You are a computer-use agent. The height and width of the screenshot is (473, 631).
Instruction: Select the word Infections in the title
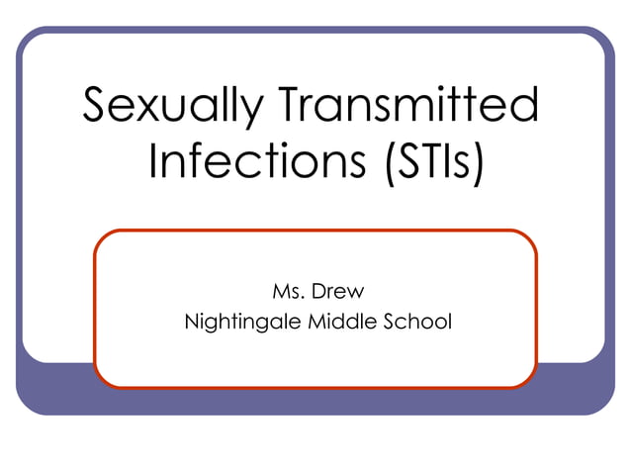click(256, 161)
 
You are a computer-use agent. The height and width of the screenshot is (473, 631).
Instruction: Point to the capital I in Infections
click(153, 160)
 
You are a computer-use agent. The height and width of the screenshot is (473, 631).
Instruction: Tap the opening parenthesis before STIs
click(386, 163)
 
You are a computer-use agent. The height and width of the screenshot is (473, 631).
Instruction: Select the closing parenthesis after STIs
click(478, 163)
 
